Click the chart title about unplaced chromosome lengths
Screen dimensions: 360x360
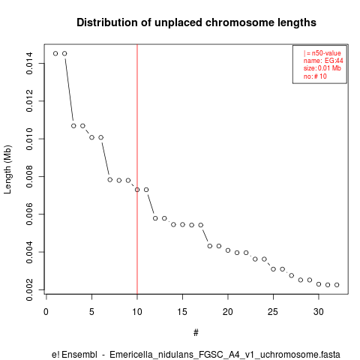tap(196, 22)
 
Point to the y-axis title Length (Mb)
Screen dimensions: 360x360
tap(7, 169)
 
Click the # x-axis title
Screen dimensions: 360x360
tap(196, 333)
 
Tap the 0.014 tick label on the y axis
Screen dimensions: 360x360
tap(29, 63)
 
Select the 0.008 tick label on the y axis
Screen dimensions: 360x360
tap(29, 176)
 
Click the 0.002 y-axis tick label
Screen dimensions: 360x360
tap(29, 289)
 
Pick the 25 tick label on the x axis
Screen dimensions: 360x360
tap(273, 312)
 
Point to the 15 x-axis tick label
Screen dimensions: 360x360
tap(182, 312)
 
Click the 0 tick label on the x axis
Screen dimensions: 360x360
tap(46, 312)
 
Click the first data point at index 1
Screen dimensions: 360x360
tap(55, 53)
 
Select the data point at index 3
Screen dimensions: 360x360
tap(73, 126)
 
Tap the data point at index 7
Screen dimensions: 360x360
tap(110, 179)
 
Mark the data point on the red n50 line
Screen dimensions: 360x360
tap(137, 190)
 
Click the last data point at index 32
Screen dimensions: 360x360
tap(337, 285)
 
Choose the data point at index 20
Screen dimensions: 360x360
tap(228, 250)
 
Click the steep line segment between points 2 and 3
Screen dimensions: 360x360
tap(69, 90)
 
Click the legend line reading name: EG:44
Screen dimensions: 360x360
tap(323, 61)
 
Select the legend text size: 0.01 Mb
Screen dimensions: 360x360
tap(322, 68)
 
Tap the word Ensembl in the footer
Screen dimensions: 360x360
tap(79, 355)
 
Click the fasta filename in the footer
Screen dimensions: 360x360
tap(225, 355)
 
